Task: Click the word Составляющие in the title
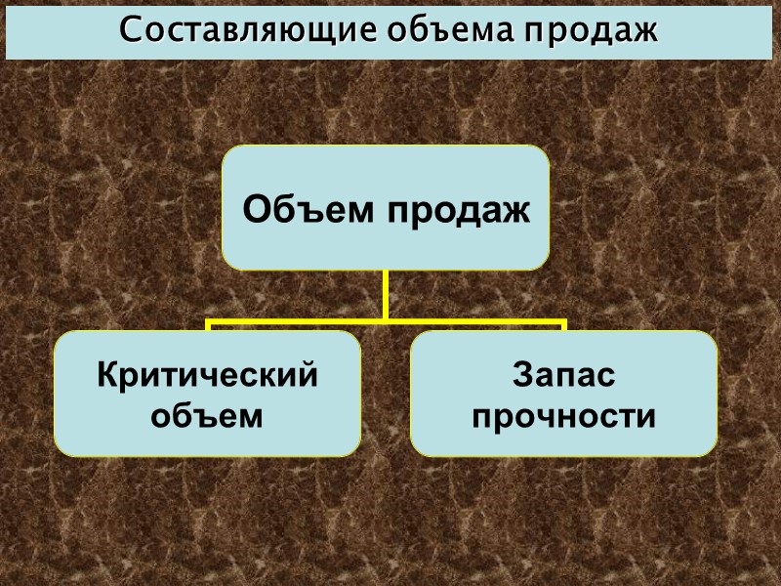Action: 247,30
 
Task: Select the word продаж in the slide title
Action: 594,30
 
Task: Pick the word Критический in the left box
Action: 207,375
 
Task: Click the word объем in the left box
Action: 207,417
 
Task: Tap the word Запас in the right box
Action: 563,375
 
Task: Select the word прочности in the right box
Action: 563,417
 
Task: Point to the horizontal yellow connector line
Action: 293,320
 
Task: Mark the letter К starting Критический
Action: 105,375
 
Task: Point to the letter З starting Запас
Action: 520,375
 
